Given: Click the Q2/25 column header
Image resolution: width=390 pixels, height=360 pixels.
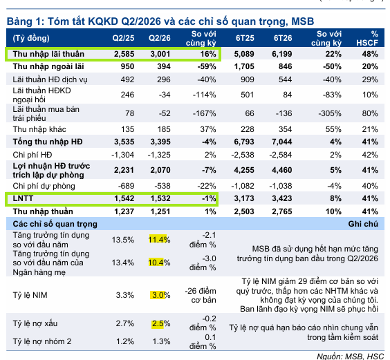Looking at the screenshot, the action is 123,38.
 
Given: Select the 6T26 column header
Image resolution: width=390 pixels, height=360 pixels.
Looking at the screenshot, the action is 283,38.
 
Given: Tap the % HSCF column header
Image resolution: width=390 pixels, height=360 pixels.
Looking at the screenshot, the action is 367,38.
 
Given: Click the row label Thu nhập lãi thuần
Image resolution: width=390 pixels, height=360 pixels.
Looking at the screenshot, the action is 48,54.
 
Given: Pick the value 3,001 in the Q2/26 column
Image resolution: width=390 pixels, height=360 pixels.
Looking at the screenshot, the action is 160,54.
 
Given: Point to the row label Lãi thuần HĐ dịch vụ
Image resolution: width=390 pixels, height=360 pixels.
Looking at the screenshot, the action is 50,79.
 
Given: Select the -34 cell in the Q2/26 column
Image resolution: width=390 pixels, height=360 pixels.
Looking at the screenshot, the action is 165,95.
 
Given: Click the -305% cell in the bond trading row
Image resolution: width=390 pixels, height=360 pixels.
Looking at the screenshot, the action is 330,113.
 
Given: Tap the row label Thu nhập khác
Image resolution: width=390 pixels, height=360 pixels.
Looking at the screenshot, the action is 39,129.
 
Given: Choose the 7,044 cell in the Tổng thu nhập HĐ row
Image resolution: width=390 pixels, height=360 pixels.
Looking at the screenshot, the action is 282,142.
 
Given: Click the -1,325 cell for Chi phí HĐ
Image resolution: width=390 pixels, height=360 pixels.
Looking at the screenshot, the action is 159,155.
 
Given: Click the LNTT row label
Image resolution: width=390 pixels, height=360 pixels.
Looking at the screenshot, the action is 23,198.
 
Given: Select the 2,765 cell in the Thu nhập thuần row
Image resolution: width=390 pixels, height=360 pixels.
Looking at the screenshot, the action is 282,211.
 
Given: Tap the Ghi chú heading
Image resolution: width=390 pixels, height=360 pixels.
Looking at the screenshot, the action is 363,224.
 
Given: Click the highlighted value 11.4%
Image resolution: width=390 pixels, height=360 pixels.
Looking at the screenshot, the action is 159,240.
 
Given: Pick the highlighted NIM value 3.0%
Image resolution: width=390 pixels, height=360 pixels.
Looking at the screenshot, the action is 161,295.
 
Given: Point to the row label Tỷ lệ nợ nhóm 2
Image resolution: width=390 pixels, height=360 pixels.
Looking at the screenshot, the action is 41,341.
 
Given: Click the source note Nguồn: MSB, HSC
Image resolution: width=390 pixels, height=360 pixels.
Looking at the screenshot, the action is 351,356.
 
